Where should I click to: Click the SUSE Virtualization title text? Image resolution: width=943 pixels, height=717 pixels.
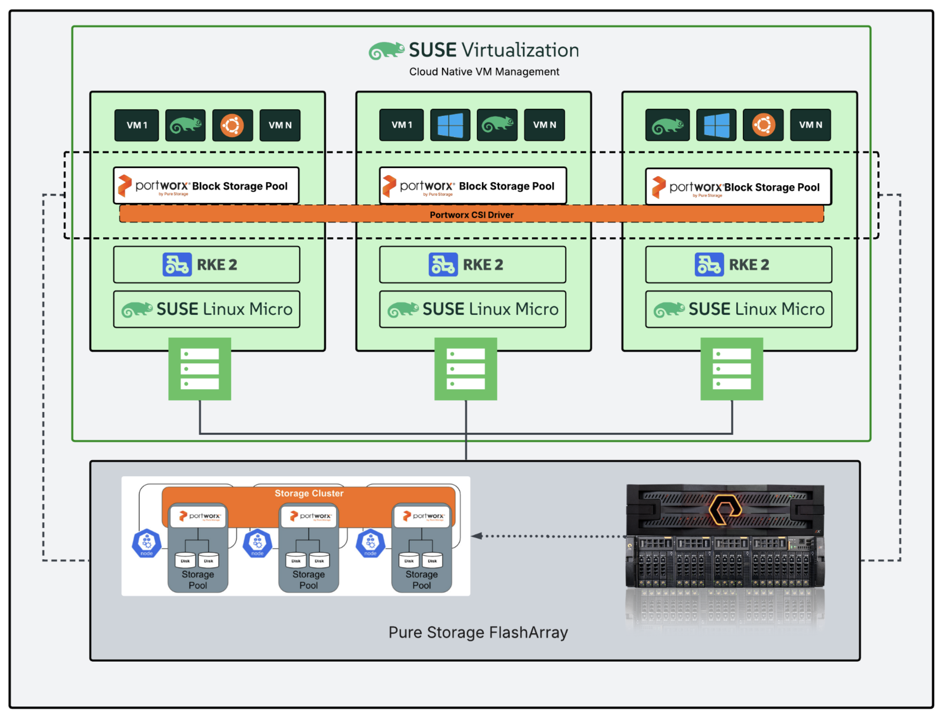(494, 50)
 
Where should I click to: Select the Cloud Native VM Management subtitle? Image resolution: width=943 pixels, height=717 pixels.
(484, 72)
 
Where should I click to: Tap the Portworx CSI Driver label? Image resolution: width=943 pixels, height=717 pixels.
(471, 215)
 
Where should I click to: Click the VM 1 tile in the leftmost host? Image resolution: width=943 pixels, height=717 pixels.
(136, 125)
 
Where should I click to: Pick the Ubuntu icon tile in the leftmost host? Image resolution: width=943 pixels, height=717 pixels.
(232, 125)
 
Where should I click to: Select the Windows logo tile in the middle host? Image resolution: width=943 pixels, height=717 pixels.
(450, 125)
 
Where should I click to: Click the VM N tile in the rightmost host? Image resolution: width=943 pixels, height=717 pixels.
(810, 125)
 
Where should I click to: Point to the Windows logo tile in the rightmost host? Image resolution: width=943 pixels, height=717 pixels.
(716, 125)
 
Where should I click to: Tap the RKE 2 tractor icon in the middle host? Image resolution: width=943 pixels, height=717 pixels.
(443, 265)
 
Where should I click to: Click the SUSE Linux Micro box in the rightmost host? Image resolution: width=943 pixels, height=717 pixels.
(738, 309)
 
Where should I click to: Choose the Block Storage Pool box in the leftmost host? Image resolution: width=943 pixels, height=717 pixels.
(206, 185)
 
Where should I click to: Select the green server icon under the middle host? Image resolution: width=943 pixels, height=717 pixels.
(465, 369)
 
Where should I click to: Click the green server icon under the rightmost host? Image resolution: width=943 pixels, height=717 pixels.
(731, 369)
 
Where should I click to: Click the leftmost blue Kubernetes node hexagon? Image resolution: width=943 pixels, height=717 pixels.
(147, 543)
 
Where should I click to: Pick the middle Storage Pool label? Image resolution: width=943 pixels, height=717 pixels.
(308, 580)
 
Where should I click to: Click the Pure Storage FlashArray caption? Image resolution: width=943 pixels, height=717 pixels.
(478, 632)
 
